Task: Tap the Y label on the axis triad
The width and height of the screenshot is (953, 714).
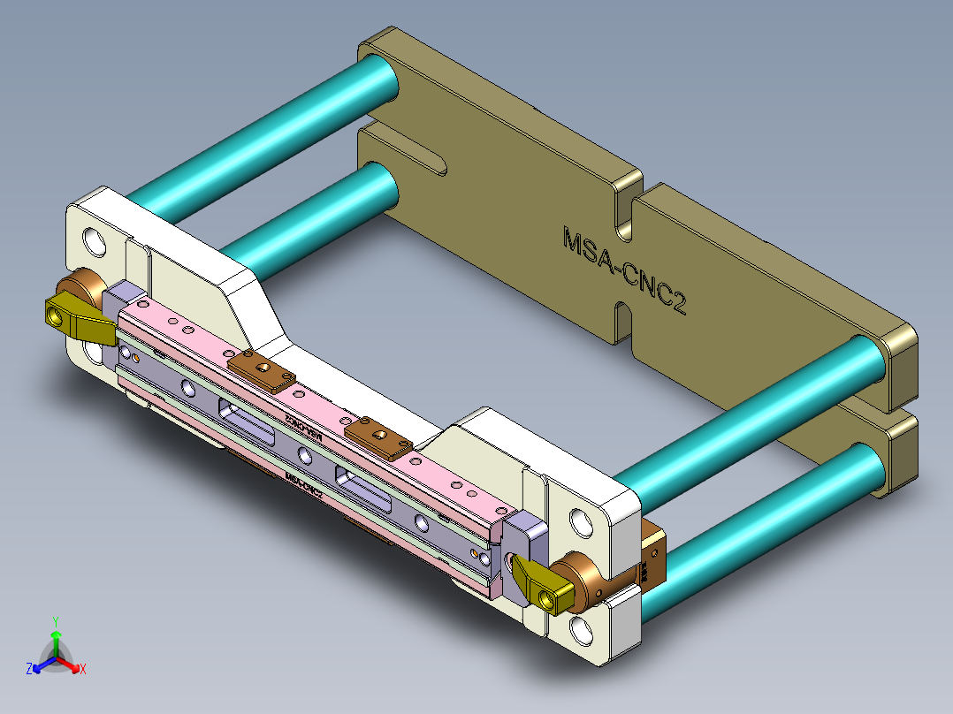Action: coord(55,620)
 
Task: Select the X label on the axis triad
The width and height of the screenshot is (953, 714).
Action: coord(83,669)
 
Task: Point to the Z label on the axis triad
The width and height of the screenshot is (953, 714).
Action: coord(29,669)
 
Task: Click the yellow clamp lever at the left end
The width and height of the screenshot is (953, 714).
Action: coord(78,321)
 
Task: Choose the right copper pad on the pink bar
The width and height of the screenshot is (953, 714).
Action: coord(378,437)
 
